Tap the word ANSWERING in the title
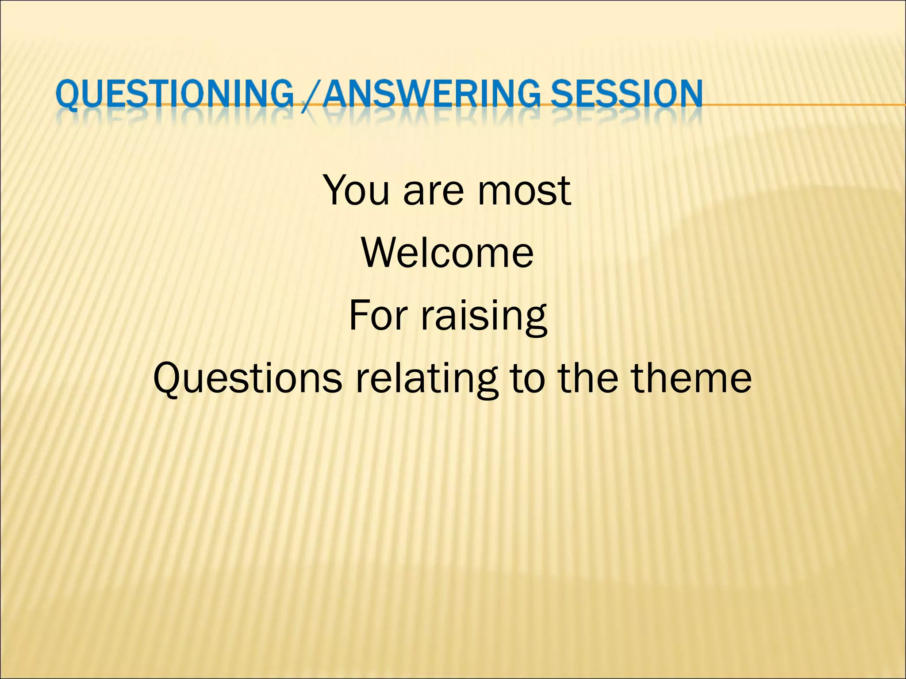pyautogui.click(x=431, y=94)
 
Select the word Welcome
pyautogui.click(x=447, y=253)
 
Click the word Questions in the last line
pyautogui.click(x=248, y=379)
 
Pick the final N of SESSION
pyautogui.click(x=691, y=94)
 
